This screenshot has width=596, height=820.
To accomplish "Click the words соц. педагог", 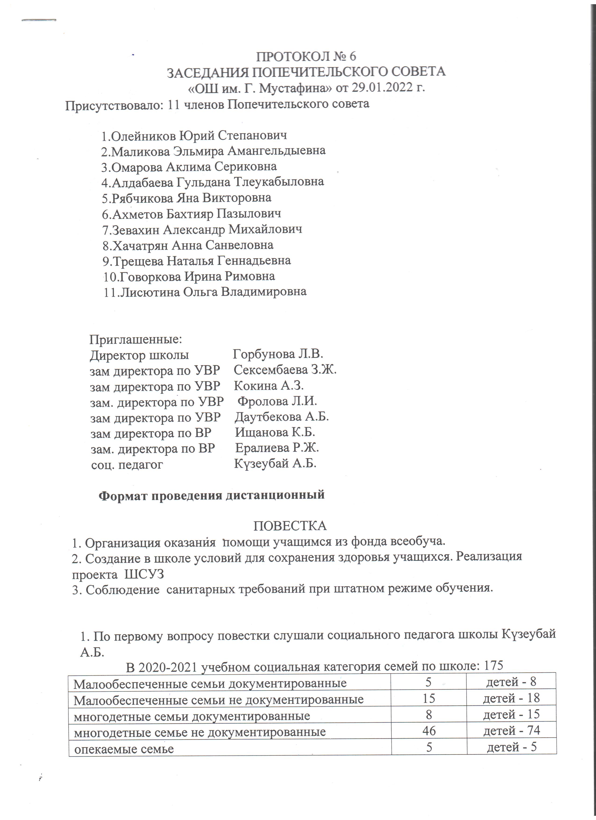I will [127, 465].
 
